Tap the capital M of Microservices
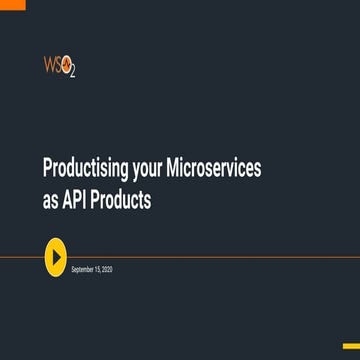(x=179, y=171)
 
